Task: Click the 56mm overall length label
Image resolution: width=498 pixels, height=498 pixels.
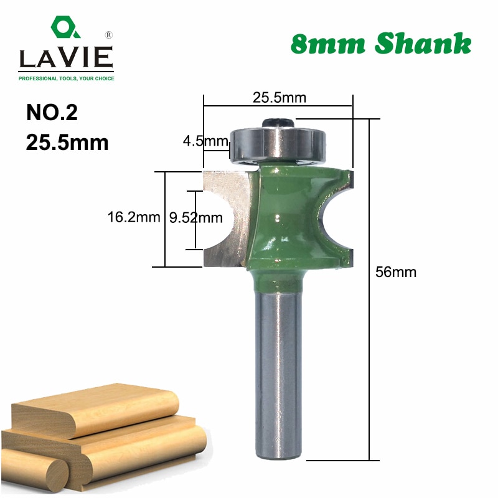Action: [396, 272]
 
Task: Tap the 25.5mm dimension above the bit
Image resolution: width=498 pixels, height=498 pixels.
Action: [279, 98]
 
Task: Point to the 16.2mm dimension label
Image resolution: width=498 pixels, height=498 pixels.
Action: [129, 217]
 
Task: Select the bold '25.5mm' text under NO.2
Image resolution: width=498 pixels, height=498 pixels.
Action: [67, 143]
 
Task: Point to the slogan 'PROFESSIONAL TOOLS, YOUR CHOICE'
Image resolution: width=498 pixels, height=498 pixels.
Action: [66, 78]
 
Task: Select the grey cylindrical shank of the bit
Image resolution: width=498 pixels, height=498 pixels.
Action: [278, 374]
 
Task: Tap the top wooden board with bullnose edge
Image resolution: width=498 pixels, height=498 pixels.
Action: [93, 408]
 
